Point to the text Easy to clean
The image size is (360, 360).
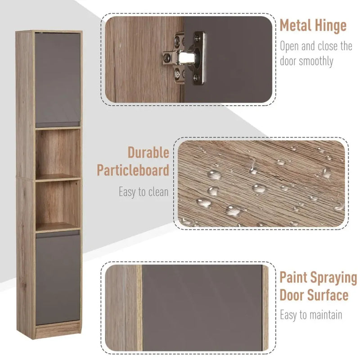click(144, 192)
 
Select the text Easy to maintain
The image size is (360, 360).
click(311, 315)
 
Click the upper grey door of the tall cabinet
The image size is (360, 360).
click(58, 79)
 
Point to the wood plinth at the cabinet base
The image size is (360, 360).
click(58, 331)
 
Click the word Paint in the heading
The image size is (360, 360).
click(295, 277)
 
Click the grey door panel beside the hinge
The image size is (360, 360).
click(238, 58)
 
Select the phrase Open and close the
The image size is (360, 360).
click(316, 46)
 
